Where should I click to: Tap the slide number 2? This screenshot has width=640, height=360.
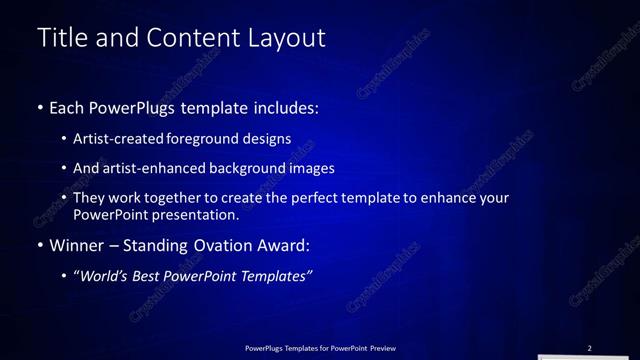[589, 348]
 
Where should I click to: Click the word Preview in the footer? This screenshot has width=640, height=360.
[379, 348]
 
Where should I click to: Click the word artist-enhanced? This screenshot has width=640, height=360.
[153, 169]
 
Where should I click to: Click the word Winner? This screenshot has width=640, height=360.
[77, 245]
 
